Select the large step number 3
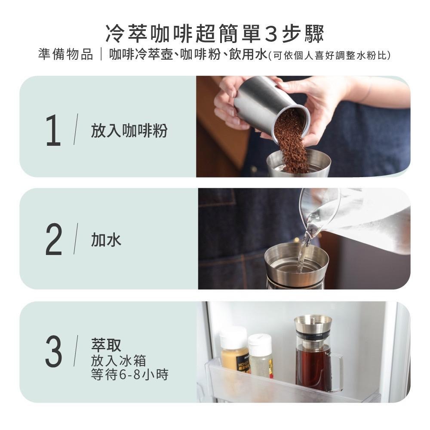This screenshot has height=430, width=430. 54,352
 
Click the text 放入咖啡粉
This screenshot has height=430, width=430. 129,131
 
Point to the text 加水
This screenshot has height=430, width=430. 106,240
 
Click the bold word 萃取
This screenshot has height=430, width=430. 106,344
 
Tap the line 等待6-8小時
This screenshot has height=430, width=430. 129,375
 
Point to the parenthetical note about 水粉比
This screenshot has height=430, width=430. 329,55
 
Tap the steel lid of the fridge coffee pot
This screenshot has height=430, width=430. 313,327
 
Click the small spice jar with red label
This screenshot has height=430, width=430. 261,357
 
